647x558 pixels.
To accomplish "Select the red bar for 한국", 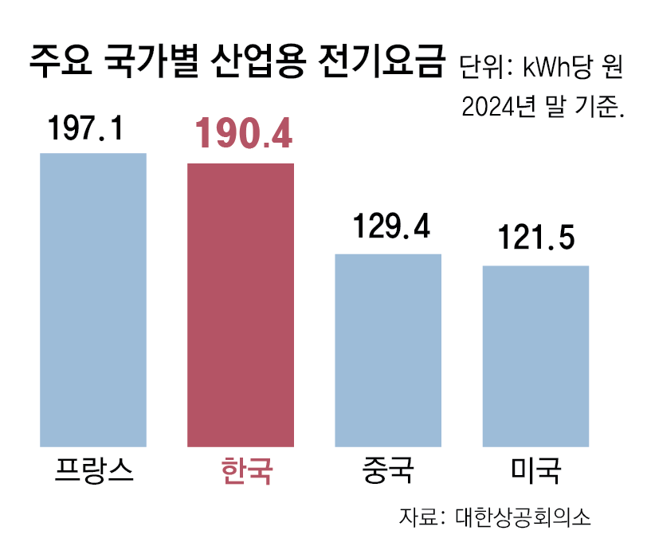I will (x=241, y=305).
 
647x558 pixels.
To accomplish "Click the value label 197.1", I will (x=86, y=128).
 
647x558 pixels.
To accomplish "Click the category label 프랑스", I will (x=93, y=469).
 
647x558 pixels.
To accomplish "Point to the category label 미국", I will (x=535, y=469).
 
